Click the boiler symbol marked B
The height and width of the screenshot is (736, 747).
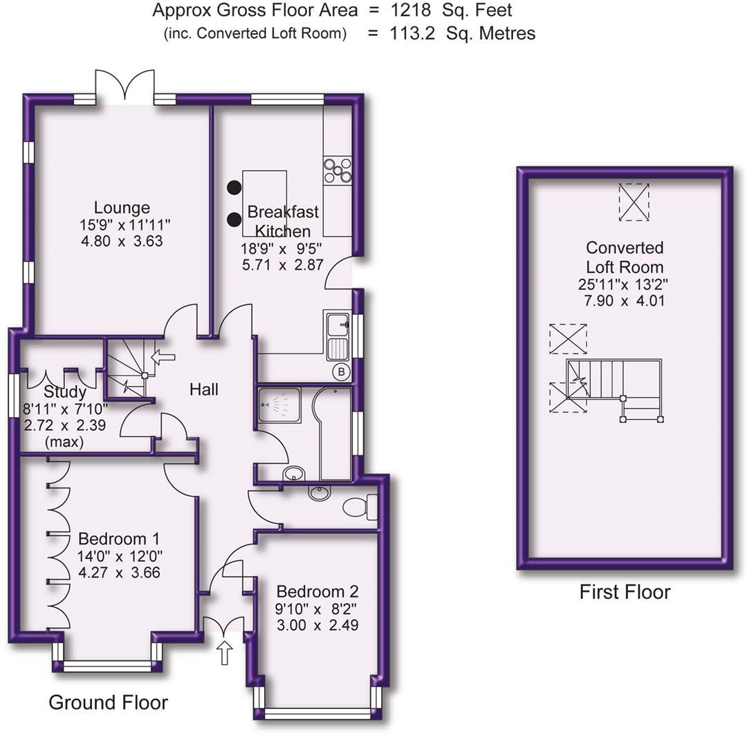tap(341, 371)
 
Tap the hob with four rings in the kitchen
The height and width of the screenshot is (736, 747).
tap(338, 170)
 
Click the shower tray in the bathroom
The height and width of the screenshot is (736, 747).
tap(279, 409)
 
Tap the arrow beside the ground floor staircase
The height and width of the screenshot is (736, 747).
tap(163, 358)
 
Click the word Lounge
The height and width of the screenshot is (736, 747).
tap(122, 208)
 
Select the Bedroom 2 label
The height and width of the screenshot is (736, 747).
tap(317, 591)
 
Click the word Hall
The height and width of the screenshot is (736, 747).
tap(204, 389)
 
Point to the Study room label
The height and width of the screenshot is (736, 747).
tap(64, 393)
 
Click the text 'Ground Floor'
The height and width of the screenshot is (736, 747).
tap(108, 703)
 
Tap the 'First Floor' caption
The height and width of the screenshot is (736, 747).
tap(625, 592)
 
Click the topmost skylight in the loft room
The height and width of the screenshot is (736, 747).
tap(634, 202)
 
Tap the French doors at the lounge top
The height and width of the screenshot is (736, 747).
tap(125, 88)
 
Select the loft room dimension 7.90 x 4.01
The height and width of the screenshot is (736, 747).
tap(625, 301)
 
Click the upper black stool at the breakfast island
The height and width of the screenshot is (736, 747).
tap(234, 187)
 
